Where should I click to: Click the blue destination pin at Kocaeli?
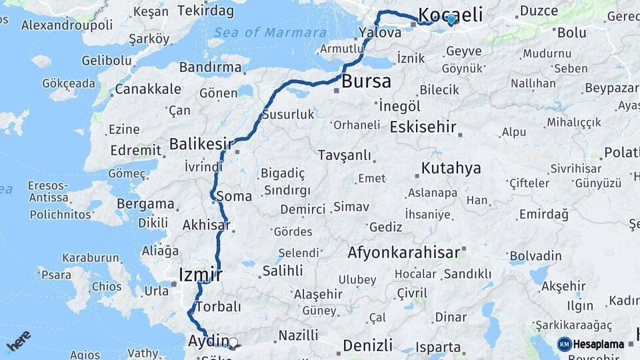(451, 19)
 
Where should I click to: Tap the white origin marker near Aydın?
(233, 343)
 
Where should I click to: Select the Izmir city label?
(201, 274)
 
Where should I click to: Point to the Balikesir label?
(201, 143)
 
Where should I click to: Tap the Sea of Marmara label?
(270, 32)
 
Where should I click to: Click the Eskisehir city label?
(423, 127)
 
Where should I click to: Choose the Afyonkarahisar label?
(403, 253)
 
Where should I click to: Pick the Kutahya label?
(451, 168)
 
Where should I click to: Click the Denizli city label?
(367, 345)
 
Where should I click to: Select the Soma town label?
(234, 196)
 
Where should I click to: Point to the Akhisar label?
(206, 225)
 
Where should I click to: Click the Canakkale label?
(148, 89)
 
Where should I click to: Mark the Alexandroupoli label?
(67, 25)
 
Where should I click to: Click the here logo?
(19, 342)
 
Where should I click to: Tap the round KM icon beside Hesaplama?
(565, 344)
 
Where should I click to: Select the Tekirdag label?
(207, 11)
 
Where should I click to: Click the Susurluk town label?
(287, 114)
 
